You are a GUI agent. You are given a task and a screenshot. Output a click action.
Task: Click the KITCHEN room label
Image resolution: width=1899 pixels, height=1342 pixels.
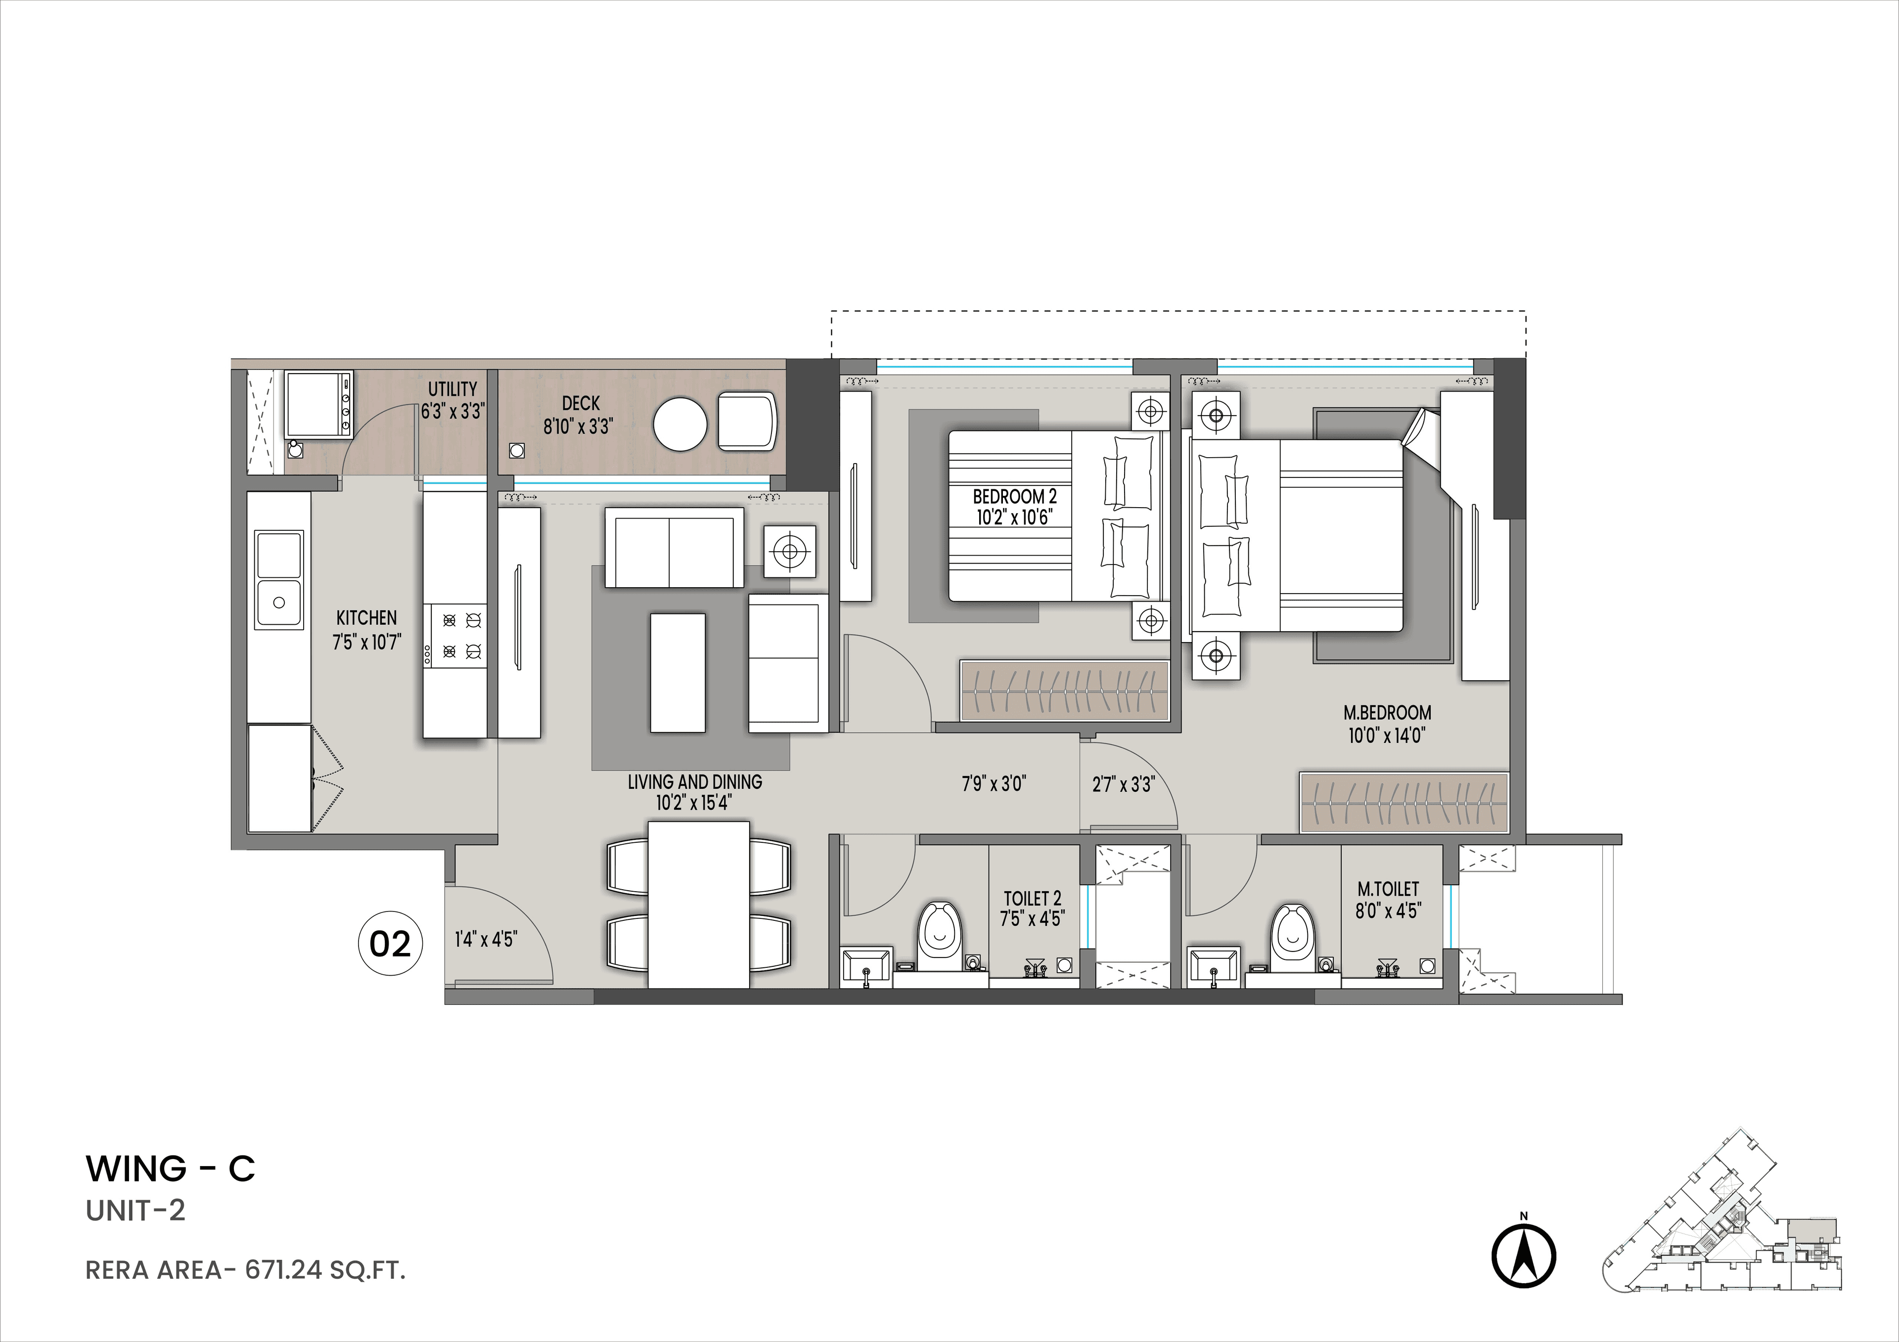tap(366, 618)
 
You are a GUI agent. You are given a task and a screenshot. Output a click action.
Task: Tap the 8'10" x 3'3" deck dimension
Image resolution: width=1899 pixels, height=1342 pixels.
tap(577, 427)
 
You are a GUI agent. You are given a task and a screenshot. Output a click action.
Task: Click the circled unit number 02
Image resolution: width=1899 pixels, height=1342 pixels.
tap(390, 944)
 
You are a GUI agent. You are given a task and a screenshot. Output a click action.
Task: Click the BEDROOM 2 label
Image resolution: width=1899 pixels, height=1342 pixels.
tap(1014, 497)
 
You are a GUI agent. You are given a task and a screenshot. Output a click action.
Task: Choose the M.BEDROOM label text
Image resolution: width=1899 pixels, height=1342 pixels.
tap(1387, 712)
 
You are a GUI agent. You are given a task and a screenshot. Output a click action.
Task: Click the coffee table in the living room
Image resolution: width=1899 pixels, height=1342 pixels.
tap(678, 672)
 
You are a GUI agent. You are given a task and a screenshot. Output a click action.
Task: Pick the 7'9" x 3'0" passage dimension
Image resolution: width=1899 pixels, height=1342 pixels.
tap(994, 783)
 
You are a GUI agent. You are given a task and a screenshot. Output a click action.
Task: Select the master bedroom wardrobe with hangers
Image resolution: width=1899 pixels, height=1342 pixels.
tap(1403, 802)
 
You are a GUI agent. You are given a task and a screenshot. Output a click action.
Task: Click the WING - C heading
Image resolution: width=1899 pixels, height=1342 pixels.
tap(171, 1169)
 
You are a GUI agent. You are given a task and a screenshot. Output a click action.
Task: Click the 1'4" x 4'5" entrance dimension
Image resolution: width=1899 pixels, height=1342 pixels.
tap(486, 939)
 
